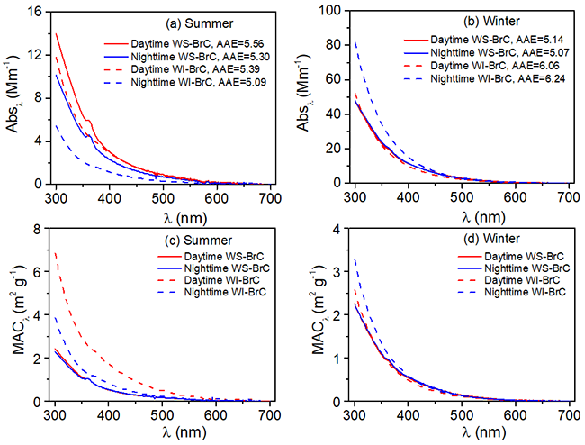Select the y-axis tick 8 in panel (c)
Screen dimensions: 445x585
[38, 229]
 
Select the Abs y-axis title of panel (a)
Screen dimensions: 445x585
[13, 96]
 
